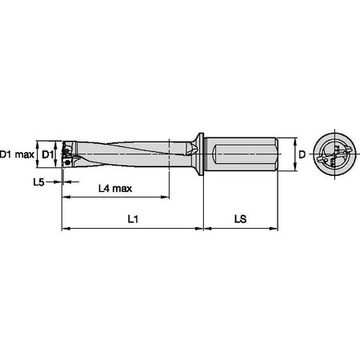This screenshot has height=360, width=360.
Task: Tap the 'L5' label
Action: (38, 183)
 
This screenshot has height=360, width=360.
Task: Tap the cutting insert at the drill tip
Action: (67, 153)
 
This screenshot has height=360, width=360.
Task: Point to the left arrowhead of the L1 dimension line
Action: (65, 229)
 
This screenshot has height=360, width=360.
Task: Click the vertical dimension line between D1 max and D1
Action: (38, 152)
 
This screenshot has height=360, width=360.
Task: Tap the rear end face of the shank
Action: (280, 153)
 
